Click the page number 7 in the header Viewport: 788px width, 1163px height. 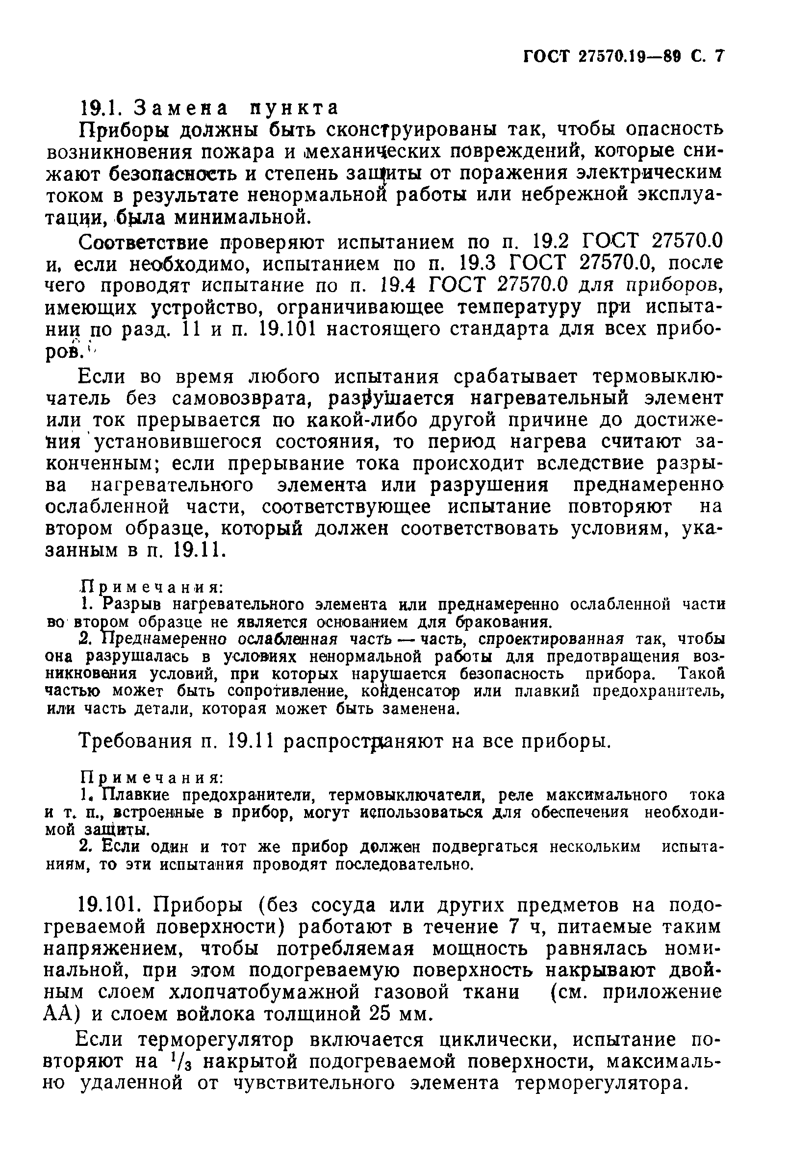(719, 56)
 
